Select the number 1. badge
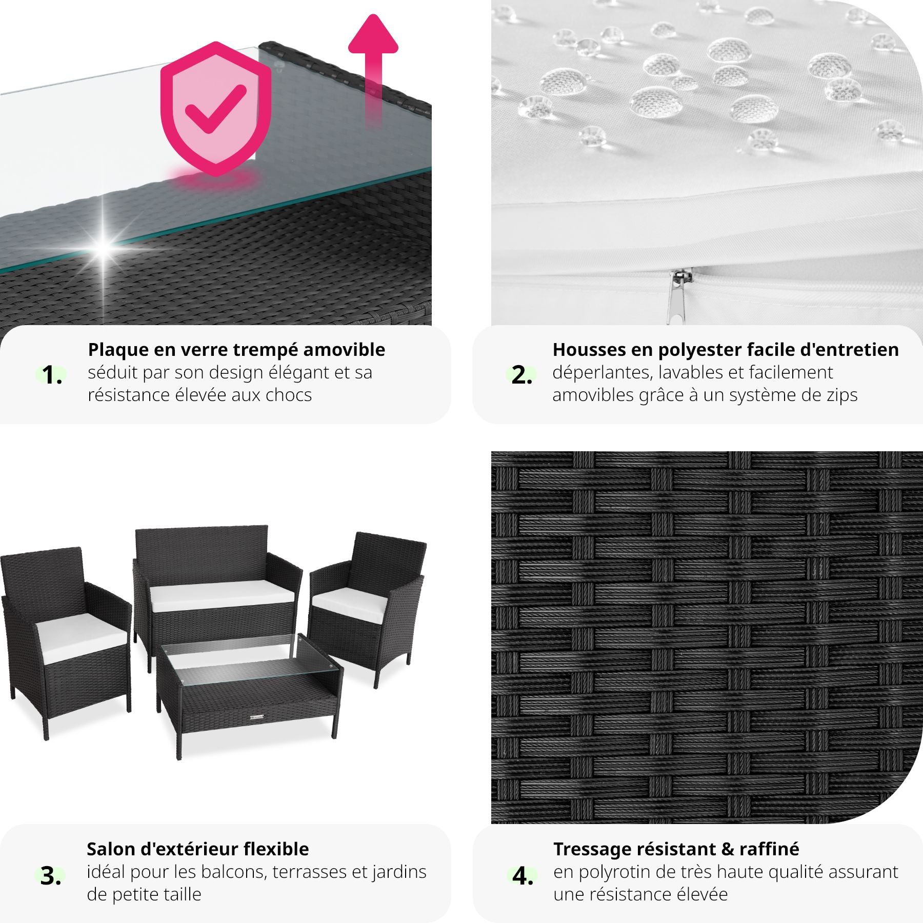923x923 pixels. pos(52,375)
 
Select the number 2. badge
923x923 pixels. pos(521,375)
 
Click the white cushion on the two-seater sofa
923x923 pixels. pos(222,596)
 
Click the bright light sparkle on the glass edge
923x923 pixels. pos(104,248)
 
